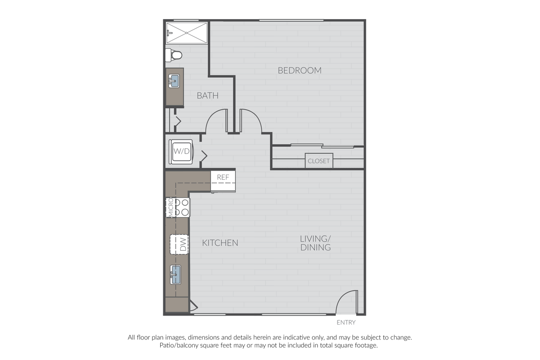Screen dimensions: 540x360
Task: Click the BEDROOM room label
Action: pyautogui.click(x=300, y=71)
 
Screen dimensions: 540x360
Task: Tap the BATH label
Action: pyautogui.click(x=208, y=96)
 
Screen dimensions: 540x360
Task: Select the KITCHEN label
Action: pyautogui.click(x=220, y=243)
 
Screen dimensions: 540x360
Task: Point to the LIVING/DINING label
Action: pyautogui.click(x=316, y=243)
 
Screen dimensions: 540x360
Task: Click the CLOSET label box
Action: pyautogui.click(x=319, y=161)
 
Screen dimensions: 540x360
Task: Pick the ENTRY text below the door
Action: pyautogui.click(x=346, y=323)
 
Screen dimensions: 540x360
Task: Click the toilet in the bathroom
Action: pyautogui.click(x=174, y=55)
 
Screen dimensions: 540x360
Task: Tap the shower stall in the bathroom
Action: pyautogui.click(x=187, y=33)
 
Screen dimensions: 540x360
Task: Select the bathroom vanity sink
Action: pyautogui.click(x=174, y=81)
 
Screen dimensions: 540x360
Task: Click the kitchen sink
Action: pyautogui.click(x=175, y=275)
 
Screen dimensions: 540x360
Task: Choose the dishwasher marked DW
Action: pyautogui.click(x=179, y=244)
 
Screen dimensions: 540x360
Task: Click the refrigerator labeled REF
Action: pyautogui.click(x=223, y=181)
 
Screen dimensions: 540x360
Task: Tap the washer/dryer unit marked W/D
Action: pyautogui.click(x=181, y=151)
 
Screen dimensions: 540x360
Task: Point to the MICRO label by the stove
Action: pyautogui.click(x=170, y=208)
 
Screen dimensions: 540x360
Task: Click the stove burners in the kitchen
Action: pyautogui.click(x=182, y=208)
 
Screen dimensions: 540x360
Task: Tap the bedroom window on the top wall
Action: pyautogui.click(x=291, y=20)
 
